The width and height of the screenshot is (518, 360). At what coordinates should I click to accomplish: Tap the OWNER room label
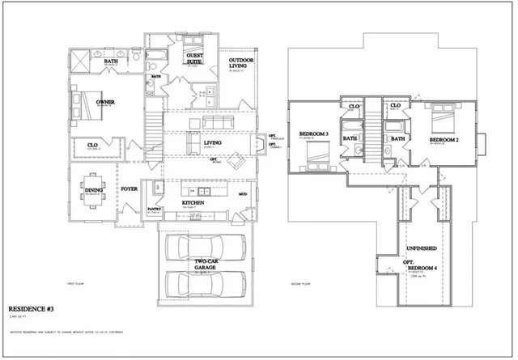coord(105,103)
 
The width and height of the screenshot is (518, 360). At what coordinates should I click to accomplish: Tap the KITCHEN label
coord(193,202)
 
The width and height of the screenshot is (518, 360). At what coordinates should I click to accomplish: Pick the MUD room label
coord(243,195)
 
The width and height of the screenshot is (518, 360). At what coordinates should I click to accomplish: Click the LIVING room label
coord(213,142)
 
